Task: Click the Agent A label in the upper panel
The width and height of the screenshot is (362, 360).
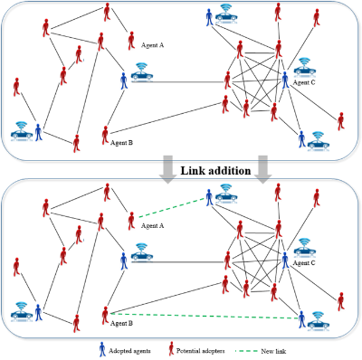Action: [155, 43]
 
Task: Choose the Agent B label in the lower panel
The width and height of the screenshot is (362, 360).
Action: [119, 323]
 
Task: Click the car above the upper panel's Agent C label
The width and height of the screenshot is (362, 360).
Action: [305, 67]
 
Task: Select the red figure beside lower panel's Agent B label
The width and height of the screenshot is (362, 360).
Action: [106, 313]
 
